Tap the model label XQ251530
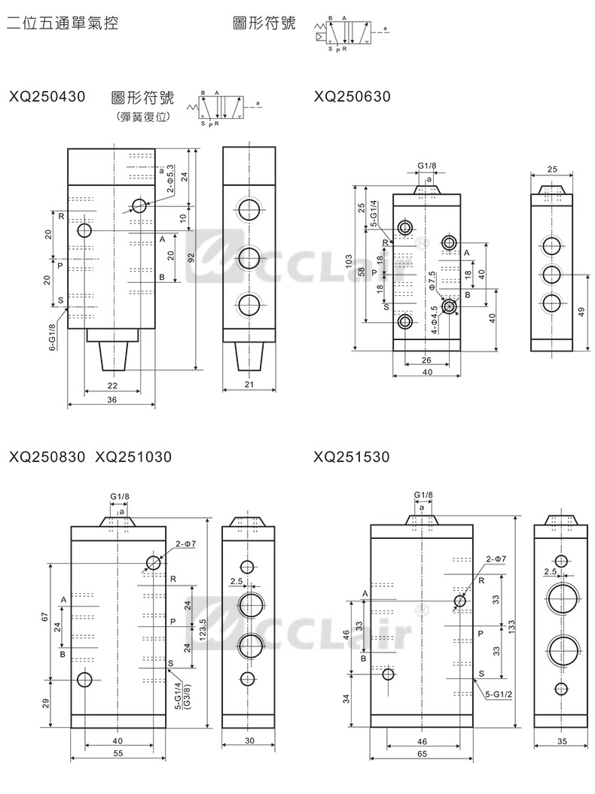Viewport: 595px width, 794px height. point(352,456)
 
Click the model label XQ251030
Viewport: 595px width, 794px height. point(134,456)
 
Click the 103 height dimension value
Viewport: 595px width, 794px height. point(349,261)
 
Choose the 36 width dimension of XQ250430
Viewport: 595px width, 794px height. point(111,400)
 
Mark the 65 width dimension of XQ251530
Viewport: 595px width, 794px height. point(421,753)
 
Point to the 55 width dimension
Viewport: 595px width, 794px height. point(117,753)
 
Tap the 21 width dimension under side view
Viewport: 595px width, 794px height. point(250,385)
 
